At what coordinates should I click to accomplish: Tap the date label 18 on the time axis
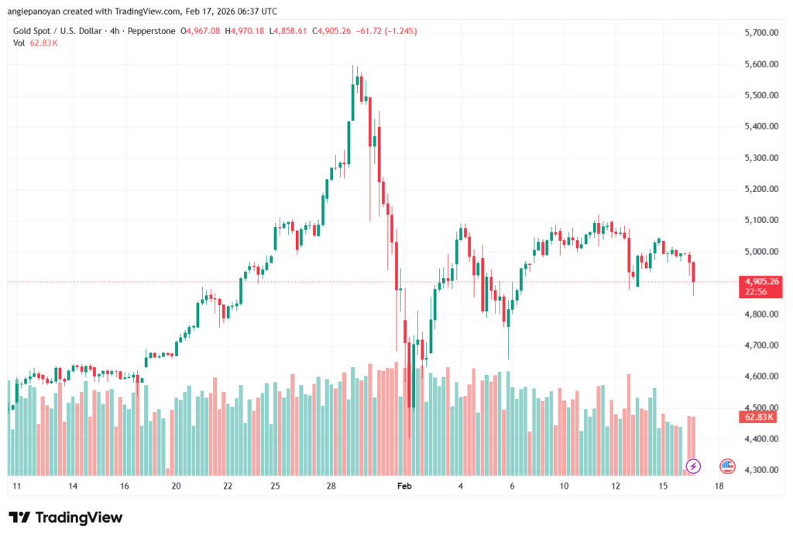(x=719, y=486)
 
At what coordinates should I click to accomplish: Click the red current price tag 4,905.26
(x=760, y=282)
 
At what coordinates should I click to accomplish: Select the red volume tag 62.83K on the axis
(x=760, y=417)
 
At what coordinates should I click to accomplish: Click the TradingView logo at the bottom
(x=65, y=517)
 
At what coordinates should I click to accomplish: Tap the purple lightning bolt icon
(x=694, y=465)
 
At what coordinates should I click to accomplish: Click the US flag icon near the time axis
(x=727, y=465)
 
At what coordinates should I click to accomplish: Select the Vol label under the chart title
(x=19, y=43)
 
